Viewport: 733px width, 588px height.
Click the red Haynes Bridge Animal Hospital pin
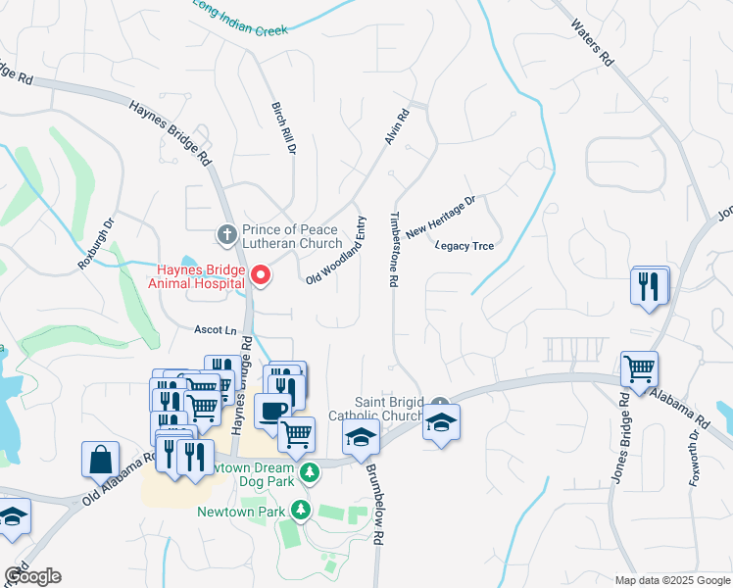click(x=261, y=275)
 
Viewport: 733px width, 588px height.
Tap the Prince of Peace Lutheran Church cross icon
click(x=226, y=234)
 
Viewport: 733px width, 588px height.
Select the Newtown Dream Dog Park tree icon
click(x=310, y=473)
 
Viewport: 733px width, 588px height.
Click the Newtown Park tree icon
click(x=303, y=511)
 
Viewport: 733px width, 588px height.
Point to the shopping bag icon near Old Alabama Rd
click(x=100, y=459)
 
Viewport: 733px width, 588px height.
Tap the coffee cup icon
click(x=272, y=410)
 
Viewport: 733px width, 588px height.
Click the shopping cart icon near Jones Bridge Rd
click(x=639, y=369)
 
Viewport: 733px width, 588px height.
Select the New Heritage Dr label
click(x=440, y=217)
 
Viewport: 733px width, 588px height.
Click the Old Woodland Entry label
click(x=335, y=251)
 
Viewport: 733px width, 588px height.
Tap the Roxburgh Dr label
click(x=96, y=243)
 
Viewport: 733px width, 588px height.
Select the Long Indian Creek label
click(x=239, y=18)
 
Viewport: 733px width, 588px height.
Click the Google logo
click(x=31, y=576)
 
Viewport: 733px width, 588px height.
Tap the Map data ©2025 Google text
click(x=671, y=580)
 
